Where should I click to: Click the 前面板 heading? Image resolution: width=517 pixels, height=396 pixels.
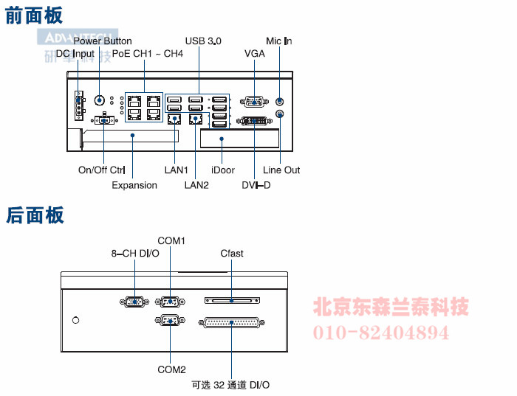coord(34,15)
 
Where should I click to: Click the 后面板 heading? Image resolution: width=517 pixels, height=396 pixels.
coord(34,215)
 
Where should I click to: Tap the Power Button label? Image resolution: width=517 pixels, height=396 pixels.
coord(103,41)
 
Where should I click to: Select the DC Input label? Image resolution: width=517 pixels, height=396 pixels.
coord(75,54)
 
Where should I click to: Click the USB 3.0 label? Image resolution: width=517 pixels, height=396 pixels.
coord(203,41)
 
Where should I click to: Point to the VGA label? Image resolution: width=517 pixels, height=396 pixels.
coord(255,54)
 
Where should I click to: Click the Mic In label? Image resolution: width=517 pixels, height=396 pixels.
coord(279,41)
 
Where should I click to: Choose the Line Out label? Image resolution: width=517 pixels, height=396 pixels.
coord(281,170)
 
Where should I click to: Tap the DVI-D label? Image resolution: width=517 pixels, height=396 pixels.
coord(256,185)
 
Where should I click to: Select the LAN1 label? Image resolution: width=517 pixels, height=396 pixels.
coord(177,170)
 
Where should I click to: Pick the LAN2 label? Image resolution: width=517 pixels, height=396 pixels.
coord(196,185)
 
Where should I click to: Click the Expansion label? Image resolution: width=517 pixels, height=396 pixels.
coord(134,185)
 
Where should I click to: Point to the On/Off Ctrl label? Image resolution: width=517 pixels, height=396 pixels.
coord(102,170)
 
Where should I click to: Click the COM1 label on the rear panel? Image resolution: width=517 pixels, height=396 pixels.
coord(171,240)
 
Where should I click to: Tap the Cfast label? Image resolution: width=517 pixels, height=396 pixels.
coord(232,254)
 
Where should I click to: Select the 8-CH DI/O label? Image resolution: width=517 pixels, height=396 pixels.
coord(135,254)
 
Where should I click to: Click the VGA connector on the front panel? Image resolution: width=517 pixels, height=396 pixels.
coord(255,103)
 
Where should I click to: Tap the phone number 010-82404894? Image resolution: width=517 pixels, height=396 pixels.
coord(382,333)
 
